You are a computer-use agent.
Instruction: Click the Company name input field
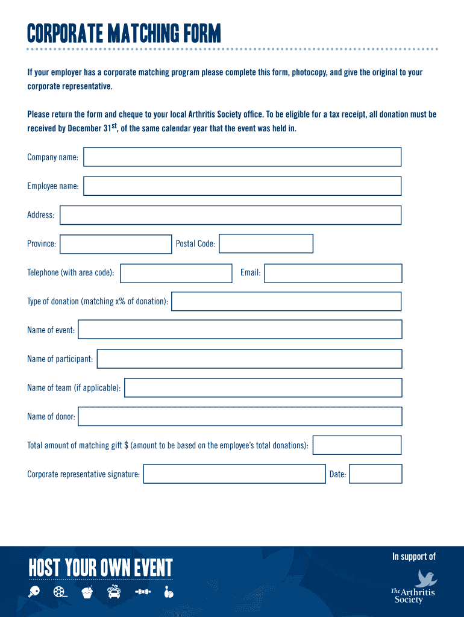click(x=242, y=157)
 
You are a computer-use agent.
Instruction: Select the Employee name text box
click(x=242, y=186)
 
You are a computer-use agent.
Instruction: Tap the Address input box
click(x=230, y=215)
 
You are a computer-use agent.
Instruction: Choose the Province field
click(x=116, y=244)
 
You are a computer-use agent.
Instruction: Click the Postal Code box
click(x=266, y=244)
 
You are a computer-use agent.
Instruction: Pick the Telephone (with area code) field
click(x=176, y=273)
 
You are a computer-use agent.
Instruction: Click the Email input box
click(x=333, y=273)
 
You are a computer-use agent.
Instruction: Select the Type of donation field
click(x=286, y=301)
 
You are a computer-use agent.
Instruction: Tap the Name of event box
click(x=240, y=330)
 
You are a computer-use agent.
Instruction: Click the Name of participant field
click(x=249, y=359)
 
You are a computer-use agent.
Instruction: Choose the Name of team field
click(x=263, y=387)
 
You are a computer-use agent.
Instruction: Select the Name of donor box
click(x=240, y=416)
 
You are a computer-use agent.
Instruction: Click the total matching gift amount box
click(x=357, y=445)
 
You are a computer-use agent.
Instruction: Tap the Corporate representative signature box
click(x=234, y=474)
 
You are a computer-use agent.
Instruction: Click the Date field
click(x=375, y=474)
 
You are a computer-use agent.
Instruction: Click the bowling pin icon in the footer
click(x=169, y=592)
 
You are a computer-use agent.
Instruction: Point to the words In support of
click(x=413, y=557)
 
